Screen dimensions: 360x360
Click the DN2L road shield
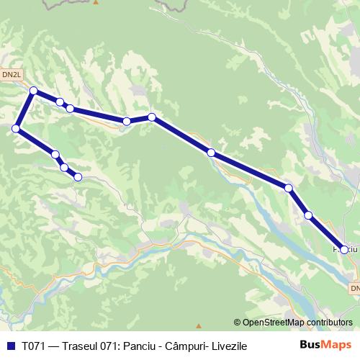(12, 74)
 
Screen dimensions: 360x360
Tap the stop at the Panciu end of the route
(344, 250)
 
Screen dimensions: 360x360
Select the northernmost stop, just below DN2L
(33, 91)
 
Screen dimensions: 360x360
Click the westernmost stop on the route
(15, 128)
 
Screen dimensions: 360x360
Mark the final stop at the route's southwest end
(78, 176)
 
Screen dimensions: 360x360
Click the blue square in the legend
(10, 346)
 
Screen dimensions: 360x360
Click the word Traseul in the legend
(80, 346)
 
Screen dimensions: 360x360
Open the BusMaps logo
(325, 345)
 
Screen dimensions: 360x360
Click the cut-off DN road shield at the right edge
(356, 288)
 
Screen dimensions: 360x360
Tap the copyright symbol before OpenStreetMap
(237, 323)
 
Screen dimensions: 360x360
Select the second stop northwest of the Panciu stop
(289, 188)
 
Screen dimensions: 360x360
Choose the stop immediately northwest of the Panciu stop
(308, 215)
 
